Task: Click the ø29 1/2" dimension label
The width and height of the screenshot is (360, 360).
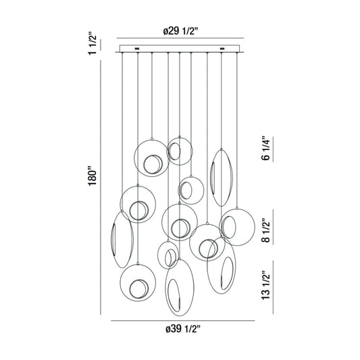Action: point(180,31)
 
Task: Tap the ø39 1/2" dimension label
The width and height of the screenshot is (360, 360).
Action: point(183,329)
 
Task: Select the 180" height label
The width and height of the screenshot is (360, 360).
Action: point(93,176)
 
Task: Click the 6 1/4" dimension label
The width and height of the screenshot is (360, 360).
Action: point(266,149)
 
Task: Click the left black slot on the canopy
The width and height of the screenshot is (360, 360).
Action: point(137,49)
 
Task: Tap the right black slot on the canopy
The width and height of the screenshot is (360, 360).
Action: point(222,49)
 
